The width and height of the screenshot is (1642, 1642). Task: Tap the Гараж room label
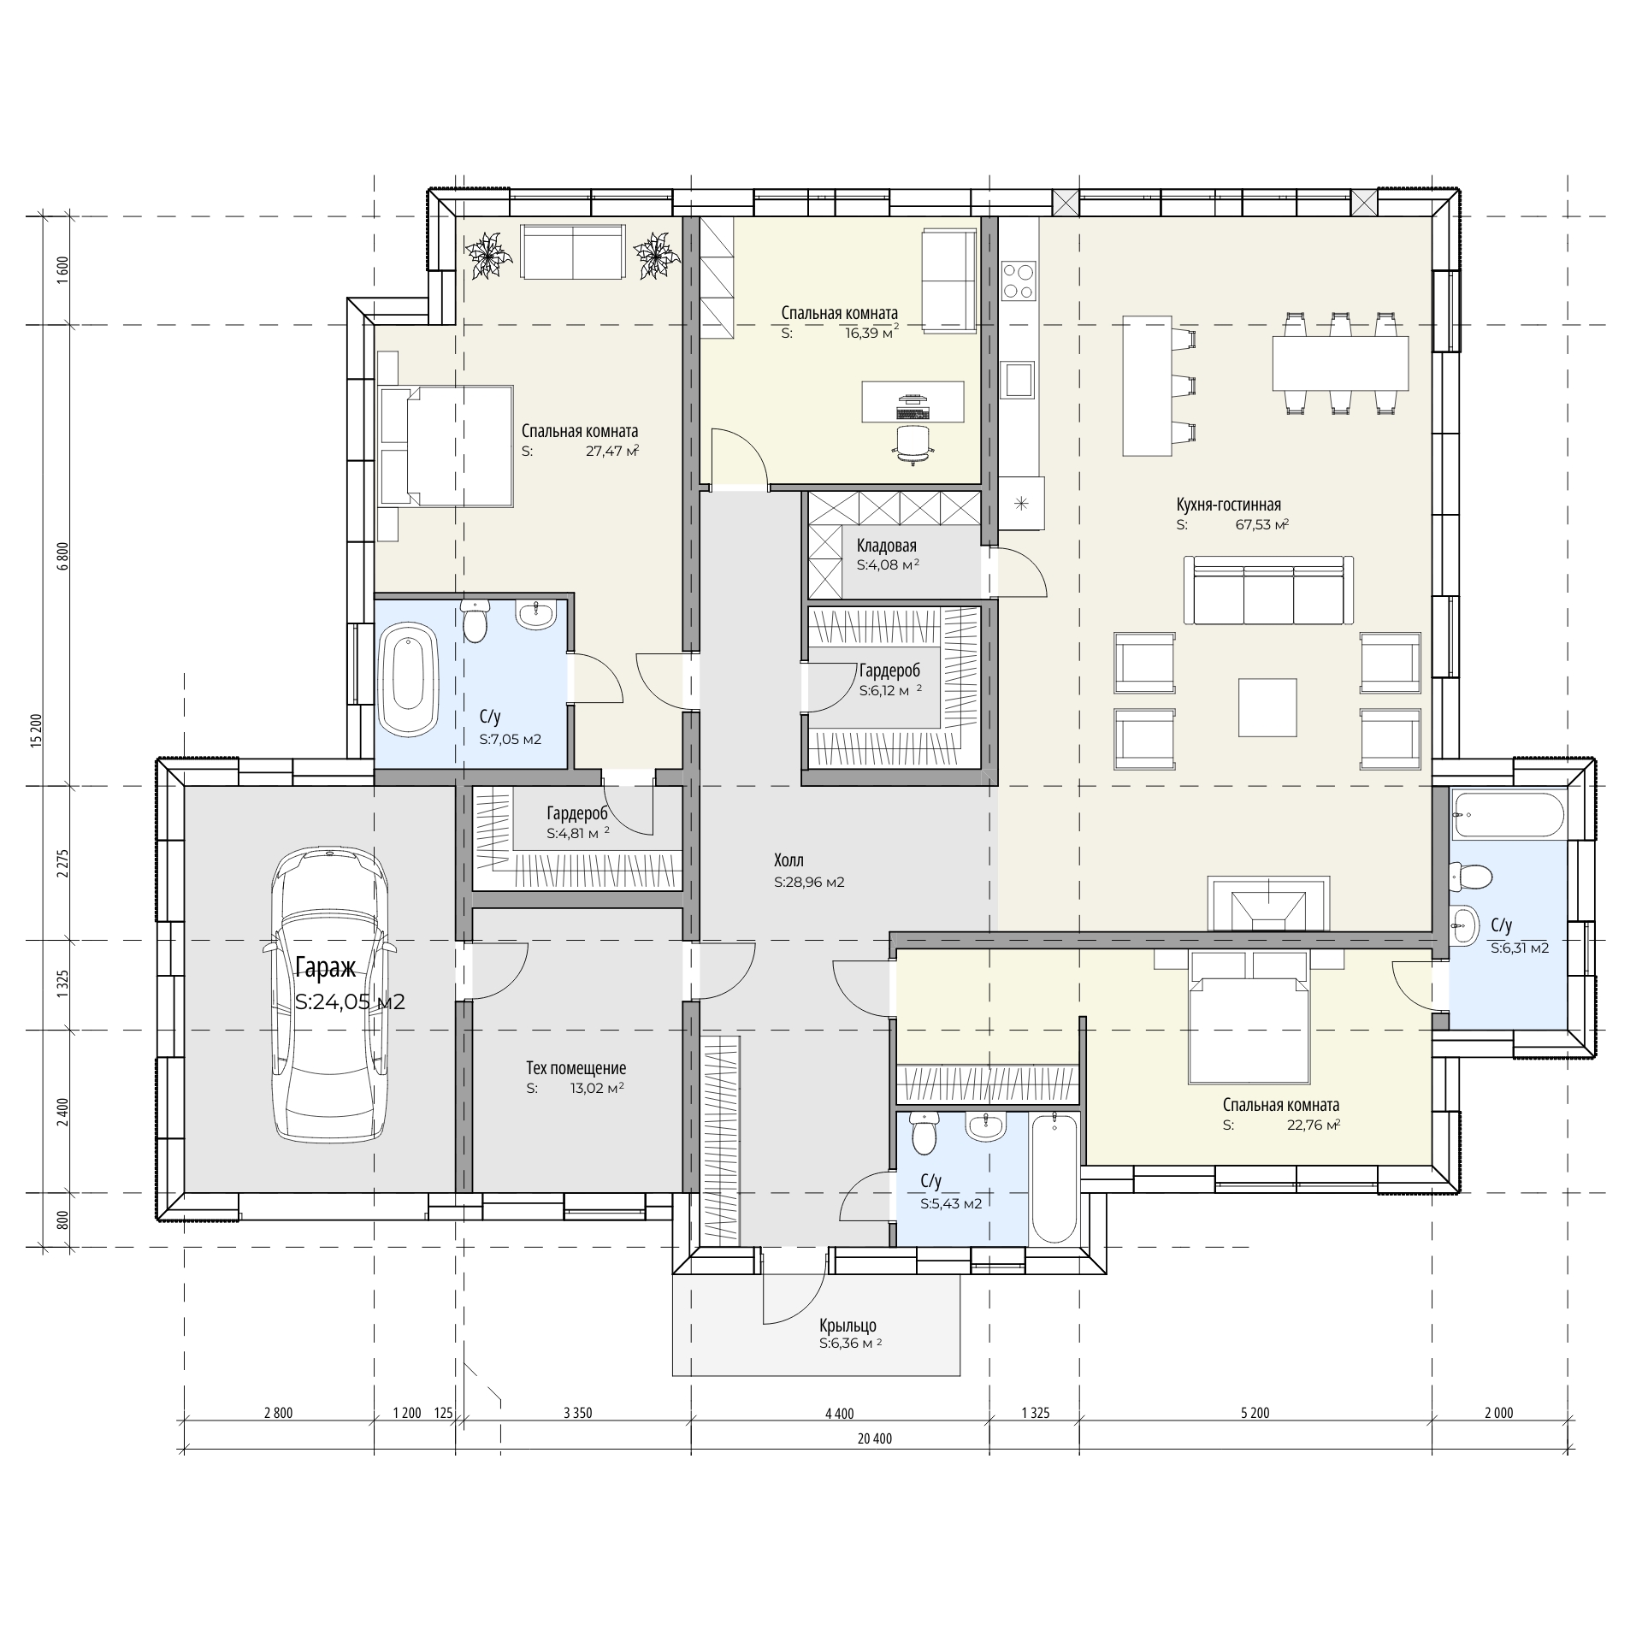tap(325, 968)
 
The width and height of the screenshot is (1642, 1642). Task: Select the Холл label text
tap(789, 860)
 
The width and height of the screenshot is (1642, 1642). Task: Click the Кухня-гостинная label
tap(1229, 505)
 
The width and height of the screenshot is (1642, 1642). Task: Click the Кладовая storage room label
tap(886, 546)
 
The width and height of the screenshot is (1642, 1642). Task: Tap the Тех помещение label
tap(576, 1068)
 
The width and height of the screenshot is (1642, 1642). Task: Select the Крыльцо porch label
tap(848, 1326)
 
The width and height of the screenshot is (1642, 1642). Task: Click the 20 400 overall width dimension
tap(874, 1439)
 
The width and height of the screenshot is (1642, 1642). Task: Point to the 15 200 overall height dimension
tap(36, 731)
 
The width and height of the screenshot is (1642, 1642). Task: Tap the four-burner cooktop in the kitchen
tap(1018, 281)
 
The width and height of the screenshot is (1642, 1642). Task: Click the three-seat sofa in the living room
tap(1269, 590)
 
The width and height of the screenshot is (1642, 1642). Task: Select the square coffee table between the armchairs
tap(1268, 706)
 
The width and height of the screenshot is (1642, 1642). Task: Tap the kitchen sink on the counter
tap(1018, 379)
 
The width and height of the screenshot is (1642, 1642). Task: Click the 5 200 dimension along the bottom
tap(1255, 1413)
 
